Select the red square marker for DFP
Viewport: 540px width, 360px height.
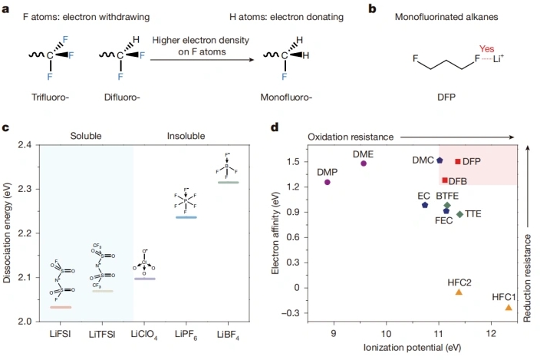tap(458, 162)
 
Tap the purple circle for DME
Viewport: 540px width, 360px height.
tap(364, 163)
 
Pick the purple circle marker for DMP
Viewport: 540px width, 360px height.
tap(328, 182)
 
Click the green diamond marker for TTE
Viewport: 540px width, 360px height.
tap(459, 214)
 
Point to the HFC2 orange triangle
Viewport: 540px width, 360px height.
tap(459, 292)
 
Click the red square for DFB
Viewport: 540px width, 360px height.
tap(445, 180)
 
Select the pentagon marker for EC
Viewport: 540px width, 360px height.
tap(425, 205)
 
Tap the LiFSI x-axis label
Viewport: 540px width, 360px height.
tap(61, 335)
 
